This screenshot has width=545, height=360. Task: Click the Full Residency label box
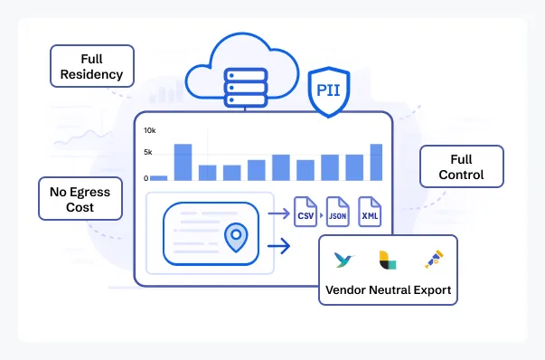[x=92, y=66]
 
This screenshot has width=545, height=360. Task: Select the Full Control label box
[x=462, y=166]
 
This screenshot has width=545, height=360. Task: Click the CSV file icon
[x=305, y=214]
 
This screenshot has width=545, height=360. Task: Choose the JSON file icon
[x=337, y=214]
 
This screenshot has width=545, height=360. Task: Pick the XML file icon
[x=370, y=214]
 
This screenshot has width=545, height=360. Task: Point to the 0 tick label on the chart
[x=146, y=179]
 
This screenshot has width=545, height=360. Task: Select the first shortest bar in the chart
[x=158, y=177]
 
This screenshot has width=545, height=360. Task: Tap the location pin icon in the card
[x=236, y=237]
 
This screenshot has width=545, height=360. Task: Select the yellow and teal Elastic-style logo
[x=386, y=261]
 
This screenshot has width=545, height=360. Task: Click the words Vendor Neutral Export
[x=388, y=291]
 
